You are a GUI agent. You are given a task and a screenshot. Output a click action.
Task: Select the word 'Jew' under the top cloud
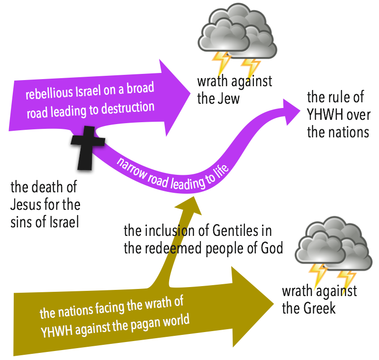(x=228, y=99)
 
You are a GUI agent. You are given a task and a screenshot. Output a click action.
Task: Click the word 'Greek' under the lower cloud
(x=317, y=309)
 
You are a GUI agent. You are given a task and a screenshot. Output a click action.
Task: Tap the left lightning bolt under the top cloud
(x=220, y=64)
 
